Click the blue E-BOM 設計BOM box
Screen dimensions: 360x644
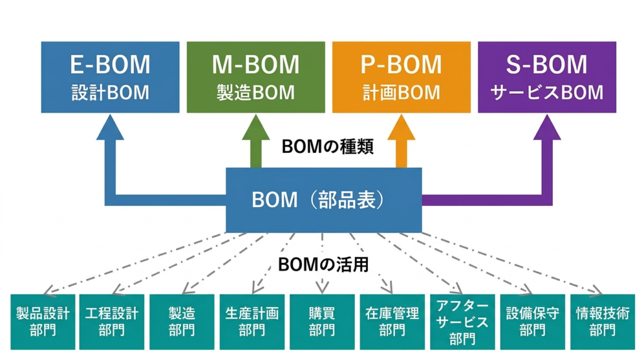[110, 77]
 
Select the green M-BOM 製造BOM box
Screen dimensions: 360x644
[256, 77]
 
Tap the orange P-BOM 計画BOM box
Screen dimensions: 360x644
[401, 77]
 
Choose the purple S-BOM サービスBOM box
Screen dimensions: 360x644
[547, 77]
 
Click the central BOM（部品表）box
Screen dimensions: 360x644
[323, 200]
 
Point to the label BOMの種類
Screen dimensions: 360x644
[328, 147]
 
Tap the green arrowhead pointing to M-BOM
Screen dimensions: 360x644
[256, 129]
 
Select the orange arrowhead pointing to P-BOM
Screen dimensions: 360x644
[401, 129]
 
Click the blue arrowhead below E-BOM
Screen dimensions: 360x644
[111, 129]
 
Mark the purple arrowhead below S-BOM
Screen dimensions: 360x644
[547, 129]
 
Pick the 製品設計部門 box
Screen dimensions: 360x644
[43, 322]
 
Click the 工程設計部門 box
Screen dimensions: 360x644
[112, 322]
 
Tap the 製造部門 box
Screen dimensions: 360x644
[182, 322]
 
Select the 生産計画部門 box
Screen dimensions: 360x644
[252, 322]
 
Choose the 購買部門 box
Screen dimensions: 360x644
[322, 322]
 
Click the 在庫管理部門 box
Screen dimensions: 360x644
[392, 322]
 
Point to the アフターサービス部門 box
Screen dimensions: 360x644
[462, 322]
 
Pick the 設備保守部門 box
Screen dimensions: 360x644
[532, 322]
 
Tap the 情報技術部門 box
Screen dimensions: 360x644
[602, 322]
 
